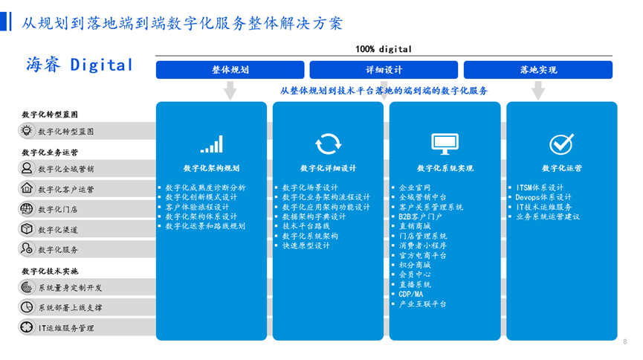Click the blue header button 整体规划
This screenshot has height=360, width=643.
pyautogui.click(x=230, y=70)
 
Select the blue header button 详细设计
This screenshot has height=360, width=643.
pyautogui.click(x=384, y=70)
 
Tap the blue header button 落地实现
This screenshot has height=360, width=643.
pyautogui.click(x=538, y=70)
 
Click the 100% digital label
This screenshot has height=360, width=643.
pyautogui.click(x=384, y=49)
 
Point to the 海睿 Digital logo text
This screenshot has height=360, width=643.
pyautogui.click(x=80, y=65)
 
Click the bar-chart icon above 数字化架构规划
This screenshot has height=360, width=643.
pyautogui.click(x=212, y=144)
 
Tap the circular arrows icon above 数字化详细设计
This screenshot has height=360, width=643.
pyautogui.click(x=328, y=144)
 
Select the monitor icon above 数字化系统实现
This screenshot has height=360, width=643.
pyautogui.click(x=445, y=144)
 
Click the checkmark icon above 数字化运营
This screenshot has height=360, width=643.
pyautogui.click(x=561, y=144)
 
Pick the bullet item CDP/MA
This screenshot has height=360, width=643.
pyautogui.click(x=410, y=295)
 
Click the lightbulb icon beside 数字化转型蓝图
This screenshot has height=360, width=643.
pyautogui.click(x=27, y=131)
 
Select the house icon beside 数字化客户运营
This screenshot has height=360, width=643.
pyautogui.click(x=27, y=188)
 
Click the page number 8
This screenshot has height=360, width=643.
pyautogui.click(x=625, y=341)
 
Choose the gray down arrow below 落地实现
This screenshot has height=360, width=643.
pyautogui.click(x=538, y=90)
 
